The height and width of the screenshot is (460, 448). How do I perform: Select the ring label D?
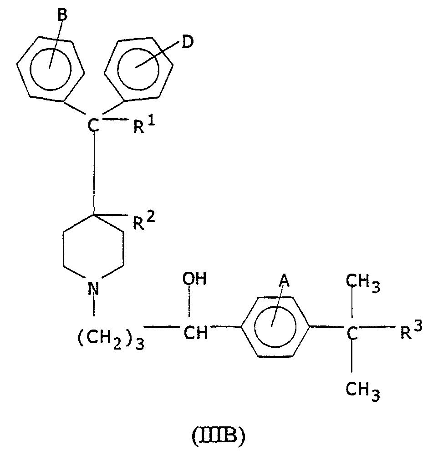click(188, 42)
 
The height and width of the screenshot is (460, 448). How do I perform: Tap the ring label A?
click(284, 281)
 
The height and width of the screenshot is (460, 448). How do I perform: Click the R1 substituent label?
click(144, 125)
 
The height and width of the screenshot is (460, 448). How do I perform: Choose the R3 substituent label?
click(411, 330)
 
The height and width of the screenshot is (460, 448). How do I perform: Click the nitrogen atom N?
click(94, 288)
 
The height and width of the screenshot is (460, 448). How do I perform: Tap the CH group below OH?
click(196, 333)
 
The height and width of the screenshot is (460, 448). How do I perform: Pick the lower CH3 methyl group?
click(363, 392)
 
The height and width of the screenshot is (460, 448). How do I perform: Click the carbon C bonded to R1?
click(94, 125)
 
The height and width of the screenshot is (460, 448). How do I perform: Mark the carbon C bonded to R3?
click(352, 333)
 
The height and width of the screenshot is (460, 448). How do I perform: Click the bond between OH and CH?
click(189, 301)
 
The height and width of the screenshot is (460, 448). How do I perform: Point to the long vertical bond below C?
click(94, 174)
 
